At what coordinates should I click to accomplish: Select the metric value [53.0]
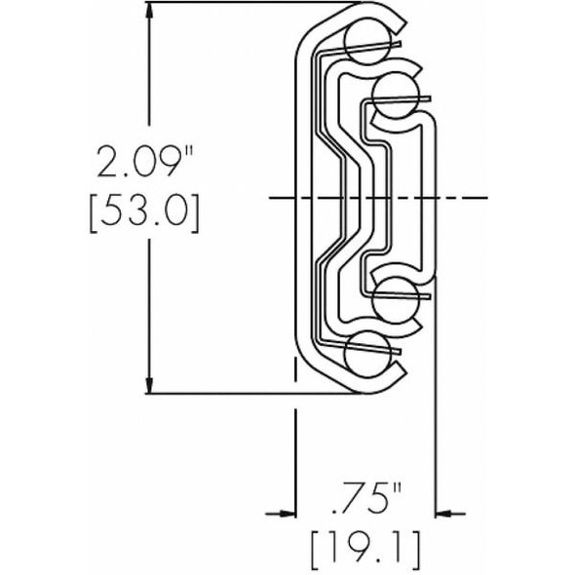[148, 213]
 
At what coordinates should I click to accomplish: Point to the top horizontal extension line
[244, 4]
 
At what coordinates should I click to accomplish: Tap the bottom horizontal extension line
[244, 395]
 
